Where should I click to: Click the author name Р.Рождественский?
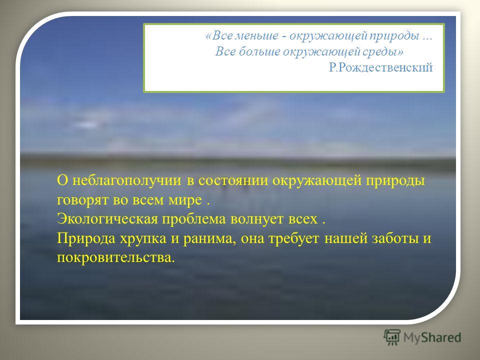[381, 67]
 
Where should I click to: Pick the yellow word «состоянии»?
[233, 181]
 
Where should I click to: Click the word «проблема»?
[194, 219]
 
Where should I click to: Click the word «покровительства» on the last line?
[116, 257]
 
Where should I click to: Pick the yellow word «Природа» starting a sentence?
[86, 239]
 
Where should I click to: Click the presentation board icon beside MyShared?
[392, 337]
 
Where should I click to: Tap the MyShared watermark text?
[432, 337]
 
